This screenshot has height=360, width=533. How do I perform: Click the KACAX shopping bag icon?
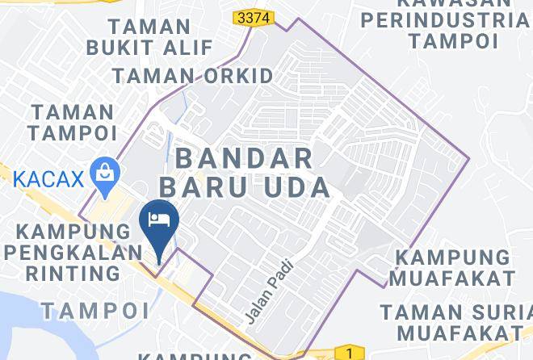tap(106, 174)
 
